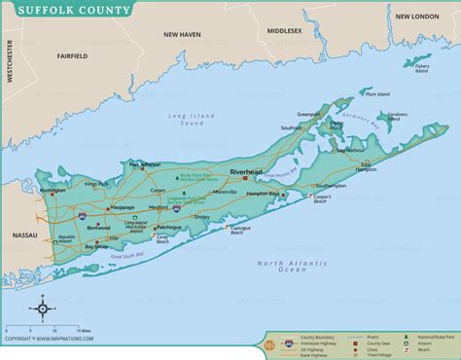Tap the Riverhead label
(x=246, y=172)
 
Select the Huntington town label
(x=53, y=191)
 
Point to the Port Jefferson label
(x=144, y=165)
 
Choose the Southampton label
(x=331, y=185)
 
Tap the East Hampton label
(x=367, y=166)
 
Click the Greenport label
(x=309, y=113)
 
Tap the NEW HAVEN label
(x=182, y=34)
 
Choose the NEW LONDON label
(x=418, y=17)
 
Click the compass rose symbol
(x=44, y=310)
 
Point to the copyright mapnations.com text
(x=53, y=341)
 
